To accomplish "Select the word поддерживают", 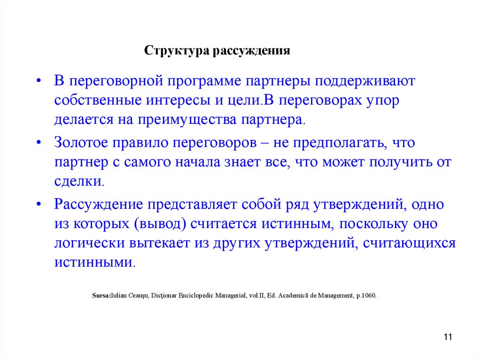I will pyautogui.click(x=362, y=81).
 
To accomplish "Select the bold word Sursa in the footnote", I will pyautogui.click(x=101, y=296).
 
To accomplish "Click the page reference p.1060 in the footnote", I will pyautogui.click(x=366, y=296).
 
